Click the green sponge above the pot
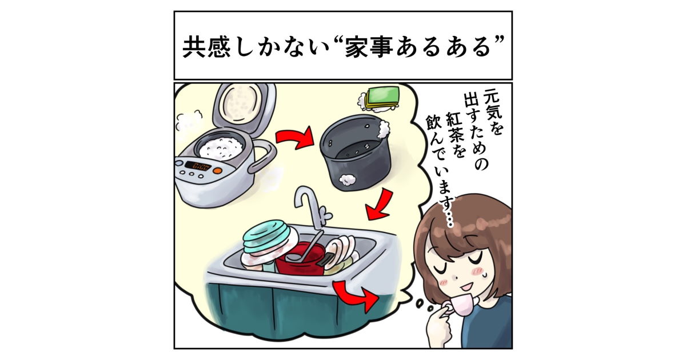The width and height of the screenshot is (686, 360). (382, 97)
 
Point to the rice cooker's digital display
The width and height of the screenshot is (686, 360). (198, 166)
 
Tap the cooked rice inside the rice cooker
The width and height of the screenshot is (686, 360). (221, 148)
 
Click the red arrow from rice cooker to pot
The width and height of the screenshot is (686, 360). (294, 137)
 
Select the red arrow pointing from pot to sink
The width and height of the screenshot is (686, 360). (380, 205)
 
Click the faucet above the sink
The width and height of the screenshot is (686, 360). (312, 208)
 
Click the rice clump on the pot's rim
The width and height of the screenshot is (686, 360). (384, 129)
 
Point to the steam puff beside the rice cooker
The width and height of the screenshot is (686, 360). (189, 122)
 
